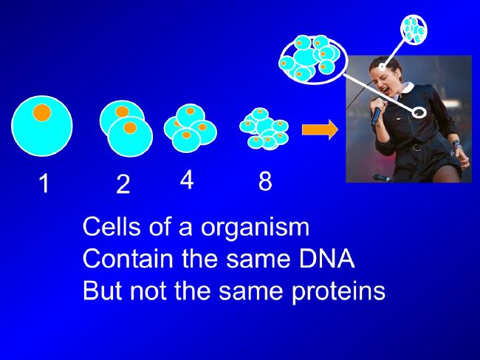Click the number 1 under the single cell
pos(45,183)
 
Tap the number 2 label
pos(123,184)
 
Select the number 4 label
pos(186,180)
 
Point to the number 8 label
pos(265,181)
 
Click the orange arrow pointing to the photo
pos(320,129)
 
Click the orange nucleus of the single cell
pos(42,112)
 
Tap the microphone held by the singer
pos(376,113)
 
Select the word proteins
pos(338,292)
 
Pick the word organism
pos(255,228)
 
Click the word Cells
pos(112,226)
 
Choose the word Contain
pos(128,258)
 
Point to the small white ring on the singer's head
pos(382,67)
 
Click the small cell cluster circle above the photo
pos(414,30)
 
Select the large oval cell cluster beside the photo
pos(313,60)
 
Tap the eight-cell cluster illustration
pos(264,129)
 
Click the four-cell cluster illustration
pos(190,128)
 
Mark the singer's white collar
pos(405,89)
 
